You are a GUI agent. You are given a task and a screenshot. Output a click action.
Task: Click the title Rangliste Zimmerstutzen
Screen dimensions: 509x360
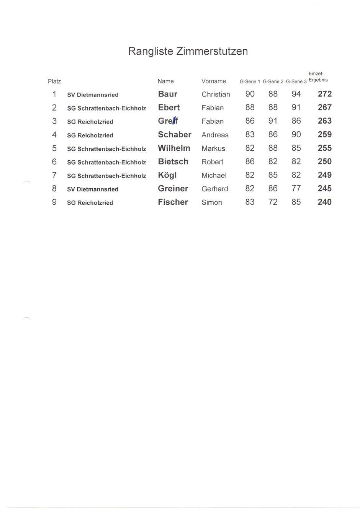click(x=188, y=51)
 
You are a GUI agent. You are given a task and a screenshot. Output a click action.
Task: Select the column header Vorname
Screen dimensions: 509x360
click(x=214, y=81)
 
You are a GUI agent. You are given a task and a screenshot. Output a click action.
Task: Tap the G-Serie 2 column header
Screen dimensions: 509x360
click(x=273, y=82)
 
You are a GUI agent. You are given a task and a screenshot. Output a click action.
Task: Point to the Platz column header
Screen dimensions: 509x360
click(x=54, y=81)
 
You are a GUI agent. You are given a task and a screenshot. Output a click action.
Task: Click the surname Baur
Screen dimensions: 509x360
click(x=168, y=94)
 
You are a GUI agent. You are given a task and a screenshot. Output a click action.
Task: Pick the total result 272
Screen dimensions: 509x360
click(x=325, y=94)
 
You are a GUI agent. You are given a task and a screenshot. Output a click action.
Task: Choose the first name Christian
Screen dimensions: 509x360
click(x=216, y=95)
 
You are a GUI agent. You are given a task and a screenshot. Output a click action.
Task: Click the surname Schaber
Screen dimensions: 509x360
click(x=175, y=135)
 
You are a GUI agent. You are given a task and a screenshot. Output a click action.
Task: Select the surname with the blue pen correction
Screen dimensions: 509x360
click(x=168, y=121)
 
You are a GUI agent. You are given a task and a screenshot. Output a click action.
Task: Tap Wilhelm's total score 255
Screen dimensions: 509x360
click(x=325, y=148)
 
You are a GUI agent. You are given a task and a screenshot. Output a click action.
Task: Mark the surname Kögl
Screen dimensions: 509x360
click(x=167, y=175)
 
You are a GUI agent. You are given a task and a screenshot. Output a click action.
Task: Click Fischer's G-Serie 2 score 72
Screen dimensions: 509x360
click(x=273, y=202)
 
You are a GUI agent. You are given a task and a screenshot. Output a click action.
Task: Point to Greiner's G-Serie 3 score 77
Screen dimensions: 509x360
click(x=296, y=189)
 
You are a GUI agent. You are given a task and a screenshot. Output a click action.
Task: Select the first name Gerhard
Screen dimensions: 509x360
click(x=215, y=189)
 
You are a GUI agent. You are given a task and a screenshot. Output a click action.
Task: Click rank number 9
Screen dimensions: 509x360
click(x=54, y=202)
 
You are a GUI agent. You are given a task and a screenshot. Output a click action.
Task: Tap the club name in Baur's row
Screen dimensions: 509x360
click(x=93, y=95)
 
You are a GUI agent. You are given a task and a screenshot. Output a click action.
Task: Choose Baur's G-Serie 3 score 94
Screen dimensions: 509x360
click(x=296, y=94)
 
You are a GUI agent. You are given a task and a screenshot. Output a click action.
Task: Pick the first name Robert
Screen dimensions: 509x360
click(x=213, y=162)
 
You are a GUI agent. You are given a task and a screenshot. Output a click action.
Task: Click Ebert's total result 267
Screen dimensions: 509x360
click(x=325, y=108)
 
